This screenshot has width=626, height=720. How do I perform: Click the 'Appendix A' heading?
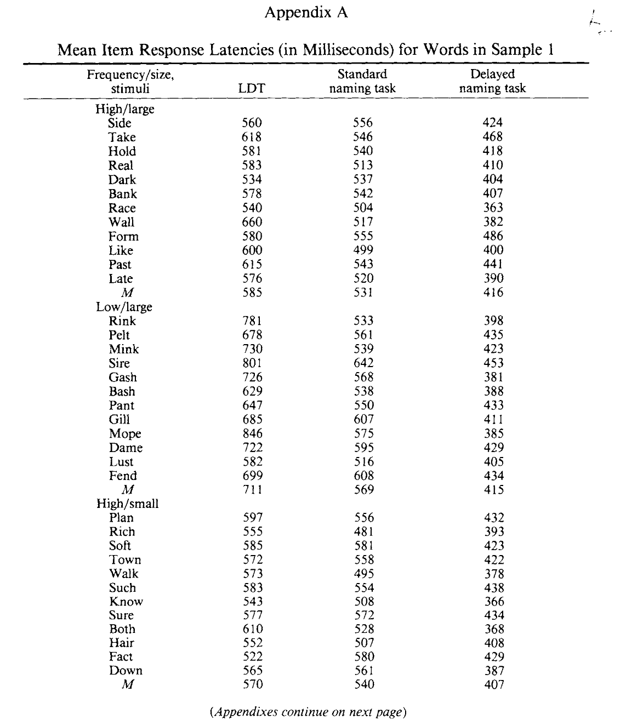tap(306, 13)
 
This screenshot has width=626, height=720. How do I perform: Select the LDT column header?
tap(252, 88)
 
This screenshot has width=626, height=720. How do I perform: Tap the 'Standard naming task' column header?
tap(362, 81)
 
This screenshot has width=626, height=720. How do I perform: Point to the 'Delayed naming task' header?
tap(492, 81)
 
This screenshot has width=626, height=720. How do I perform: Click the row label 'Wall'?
tap(121, 222)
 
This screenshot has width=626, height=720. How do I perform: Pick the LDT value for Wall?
tap(252, 222)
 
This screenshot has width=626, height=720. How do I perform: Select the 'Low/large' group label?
tap(124, 307)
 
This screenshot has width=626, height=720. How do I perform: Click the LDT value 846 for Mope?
tap(252, 434)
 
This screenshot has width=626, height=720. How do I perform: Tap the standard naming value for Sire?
tap(363, 363)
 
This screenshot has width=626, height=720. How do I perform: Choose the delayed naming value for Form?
tap(493, 237)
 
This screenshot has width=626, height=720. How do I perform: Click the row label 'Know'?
tap(126, 602)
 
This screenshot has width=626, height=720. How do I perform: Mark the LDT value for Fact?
tap(252, 657)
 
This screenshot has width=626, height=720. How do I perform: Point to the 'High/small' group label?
tap(127, 504)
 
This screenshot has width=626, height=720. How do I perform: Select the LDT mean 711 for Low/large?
tap(252, 490)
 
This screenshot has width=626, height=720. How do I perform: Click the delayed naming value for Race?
tap(493, 208)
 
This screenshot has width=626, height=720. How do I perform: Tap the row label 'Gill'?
tap(119, 420)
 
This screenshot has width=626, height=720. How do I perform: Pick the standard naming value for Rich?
tap(363, 532)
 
